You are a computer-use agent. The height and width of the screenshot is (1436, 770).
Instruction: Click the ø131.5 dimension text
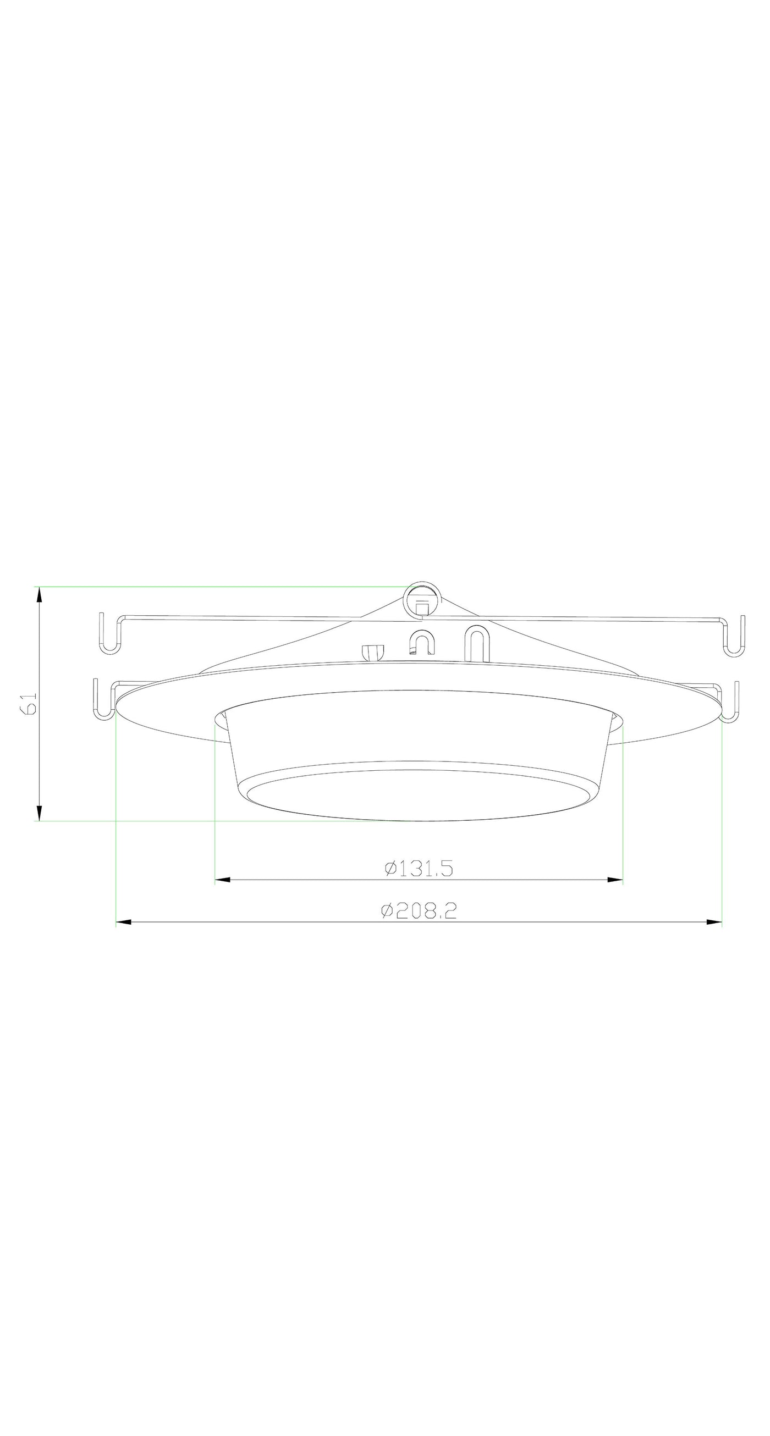[x=419, y=868]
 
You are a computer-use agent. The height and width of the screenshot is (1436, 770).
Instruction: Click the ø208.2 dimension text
[x=419, y=910]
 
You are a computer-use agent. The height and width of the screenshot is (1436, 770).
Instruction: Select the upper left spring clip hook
[x=111, y=634]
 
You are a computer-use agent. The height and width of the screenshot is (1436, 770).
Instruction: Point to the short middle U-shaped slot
[x=421, y=642]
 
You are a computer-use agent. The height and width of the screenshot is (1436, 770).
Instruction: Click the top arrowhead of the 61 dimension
[x=39, y=595]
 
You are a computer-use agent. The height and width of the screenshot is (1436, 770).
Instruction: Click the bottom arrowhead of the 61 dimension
[x=39, y=812]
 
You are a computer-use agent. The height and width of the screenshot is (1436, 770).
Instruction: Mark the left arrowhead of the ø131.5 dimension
[x=222, y=880]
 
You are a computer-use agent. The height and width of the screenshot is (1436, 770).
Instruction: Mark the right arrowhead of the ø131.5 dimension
[x=615, y=880]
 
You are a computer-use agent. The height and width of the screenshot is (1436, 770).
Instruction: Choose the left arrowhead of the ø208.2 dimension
[x=123, y=922]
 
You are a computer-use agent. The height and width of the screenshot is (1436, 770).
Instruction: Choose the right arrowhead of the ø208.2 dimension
[x=714, y=922]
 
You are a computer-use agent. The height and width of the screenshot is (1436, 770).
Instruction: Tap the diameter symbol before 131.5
[x=391, y=868]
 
